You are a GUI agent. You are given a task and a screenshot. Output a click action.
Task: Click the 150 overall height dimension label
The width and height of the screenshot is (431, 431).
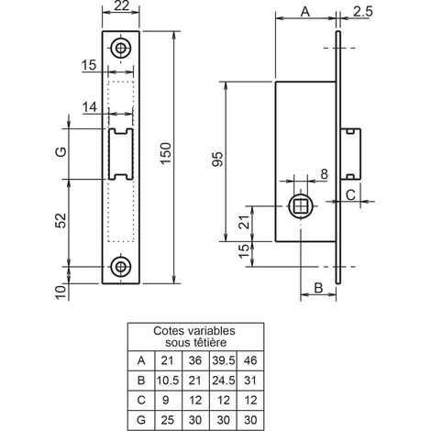(x=167, y=153)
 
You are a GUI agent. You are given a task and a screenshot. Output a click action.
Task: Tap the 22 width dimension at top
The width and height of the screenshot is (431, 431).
(x=121, y=6)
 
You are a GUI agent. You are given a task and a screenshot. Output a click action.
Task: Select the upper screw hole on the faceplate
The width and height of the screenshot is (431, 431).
(x=121, y=48)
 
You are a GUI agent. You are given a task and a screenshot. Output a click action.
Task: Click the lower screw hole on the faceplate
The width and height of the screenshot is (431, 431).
(x=121, y=267)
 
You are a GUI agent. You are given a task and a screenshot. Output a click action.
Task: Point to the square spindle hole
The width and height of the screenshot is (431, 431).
(x=301, y=206)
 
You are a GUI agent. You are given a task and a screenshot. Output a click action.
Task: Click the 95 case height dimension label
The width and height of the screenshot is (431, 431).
(x=217, y=159)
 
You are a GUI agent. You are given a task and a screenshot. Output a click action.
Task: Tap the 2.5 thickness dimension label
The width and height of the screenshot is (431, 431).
(x=363, y=12)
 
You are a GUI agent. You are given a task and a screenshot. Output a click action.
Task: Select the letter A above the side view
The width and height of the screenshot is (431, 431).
(x=305, y=12)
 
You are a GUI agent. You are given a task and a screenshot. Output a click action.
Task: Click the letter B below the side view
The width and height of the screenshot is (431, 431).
(x=318, y=288)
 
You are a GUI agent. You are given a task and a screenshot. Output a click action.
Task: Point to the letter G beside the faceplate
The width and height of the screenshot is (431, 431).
(x=61, y=151)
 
